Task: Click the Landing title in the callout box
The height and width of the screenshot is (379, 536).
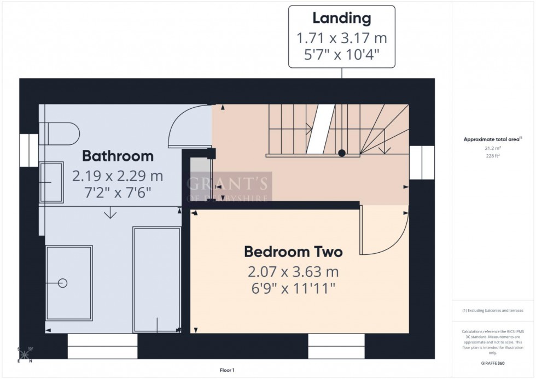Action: tap(341, 18)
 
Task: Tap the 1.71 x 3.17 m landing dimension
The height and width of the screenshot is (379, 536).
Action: tap(341, 38)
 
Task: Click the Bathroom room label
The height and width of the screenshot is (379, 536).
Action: tap(118, 156)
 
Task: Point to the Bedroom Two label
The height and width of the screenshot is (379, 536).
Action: tap(293, 252)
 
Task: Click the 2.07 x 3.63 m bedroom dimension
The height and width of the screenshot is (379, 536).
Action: tap(293, 272)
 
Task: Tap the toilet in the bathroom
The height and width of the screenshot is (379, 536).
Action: tap(60, 133)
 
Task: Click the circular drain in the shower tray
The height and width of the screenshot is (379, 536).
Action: tap(62, 283)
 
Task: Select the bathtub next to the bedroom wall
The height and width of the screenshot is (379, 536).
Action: tap(157, 279)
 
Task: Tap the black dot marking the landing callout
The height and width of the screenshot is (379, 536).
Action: tap(342, 153)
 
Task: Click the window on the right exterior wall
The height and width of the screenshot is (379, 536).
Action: tap(422, 162)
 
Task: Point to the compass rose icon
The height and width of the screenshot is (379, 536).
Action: tap(25, 354)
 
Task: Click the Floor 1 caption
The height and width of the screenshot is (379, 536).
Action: tap(226, 370)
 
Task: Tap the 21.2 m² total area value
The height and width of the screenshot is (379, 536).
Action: tap(493, 148)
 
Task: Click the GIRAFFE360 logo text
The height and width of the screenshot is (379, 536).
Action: tap(493, 363)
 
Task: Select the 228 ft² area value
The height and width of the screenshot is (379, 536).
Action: tap(493, 155)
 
